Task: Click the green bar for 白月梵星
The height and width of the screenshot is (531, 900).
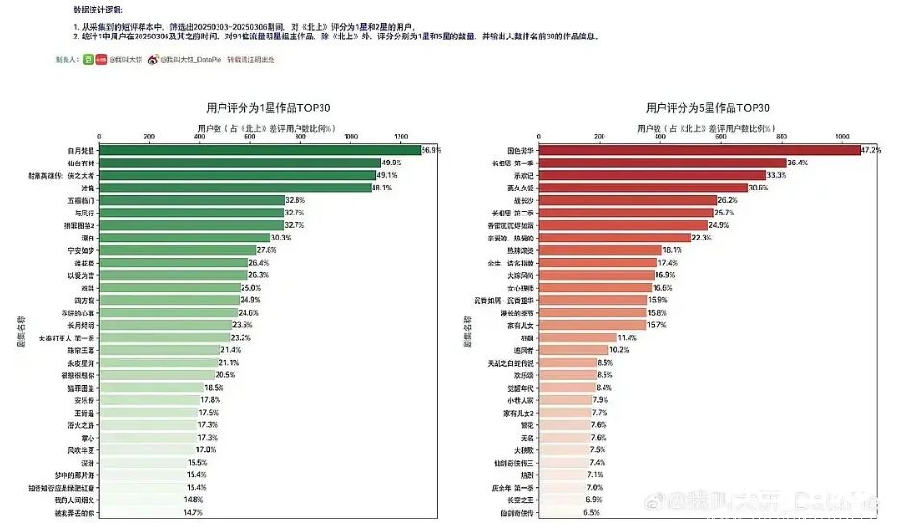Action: [x=260, y=150]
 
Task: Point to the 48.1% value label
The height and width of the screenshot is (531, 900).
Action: [x=382, y=188]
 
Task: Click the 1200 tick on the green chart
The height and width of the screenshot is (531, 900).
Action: [x=400, y=136]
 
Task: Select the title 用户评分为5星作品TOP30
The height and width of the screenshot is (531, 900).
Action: [x=707, y=107]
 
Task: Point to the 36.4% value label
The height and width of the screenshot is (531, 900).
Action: [x=798, y=164]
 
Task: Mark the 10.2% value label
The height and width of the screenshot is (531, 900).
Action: [x=619, y=350]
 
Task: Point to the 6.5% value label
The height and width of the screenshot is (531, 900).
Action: [x=591, y=512]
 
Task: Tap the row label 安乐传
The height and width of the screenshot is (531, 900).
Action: [x=83, y=399]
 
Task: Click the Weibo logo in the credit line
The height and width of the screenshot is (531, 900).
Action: [x=153, y=60]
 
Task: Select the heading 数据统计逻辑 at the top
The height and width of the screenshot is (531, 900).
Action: [x=98, y=9]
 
